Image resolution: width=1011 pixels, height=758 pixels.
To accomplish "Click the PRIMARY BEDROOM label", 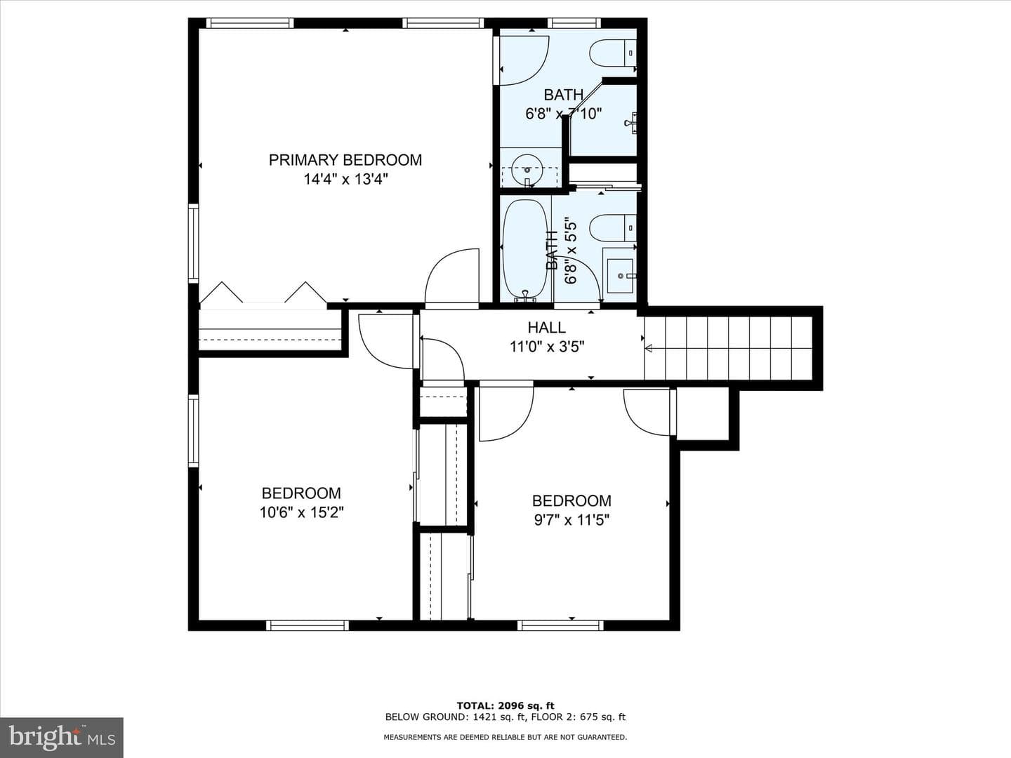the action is [x=345, y=160].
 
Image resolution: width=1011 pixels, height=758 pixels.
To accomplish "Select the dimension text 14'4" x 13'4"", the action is [x=345, y=179].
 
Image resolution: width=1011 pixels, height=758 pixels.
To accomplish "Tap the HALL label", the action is [x=546, y=327].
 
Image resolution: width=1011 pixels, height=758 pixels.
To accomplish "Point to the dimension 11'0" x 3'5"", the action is [x=547, y=347].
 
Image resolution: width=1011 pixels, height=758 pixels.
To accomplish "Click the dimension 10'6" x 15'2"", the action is [x=302, y=512].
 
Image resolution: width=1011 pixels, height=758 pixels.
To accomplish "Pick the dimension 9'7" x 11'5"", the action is [x=571, y=520].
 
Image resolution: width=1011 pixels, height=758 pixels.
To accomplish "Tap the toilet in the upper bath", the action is [x=613, y=53].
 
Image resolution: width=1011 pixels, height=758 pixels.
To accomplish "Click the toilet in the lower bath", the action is [x=613, y=228].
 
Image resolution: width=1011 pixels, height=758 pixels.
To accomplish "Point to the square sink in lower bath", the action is [x=620, y=275].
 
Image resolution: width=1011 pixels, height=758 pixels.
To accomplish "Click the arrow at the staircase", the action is [x=648, y=348].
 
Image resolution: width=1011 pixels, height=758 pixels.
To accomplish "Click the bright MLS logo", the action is [x=62, y=737].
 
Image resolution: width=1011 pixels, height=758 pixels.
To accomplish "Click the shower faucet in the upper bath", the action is [x=630, y=123].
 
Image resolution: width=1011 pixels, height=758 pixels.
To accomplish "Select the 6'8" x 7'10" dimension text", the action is [x=564, y=114].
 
